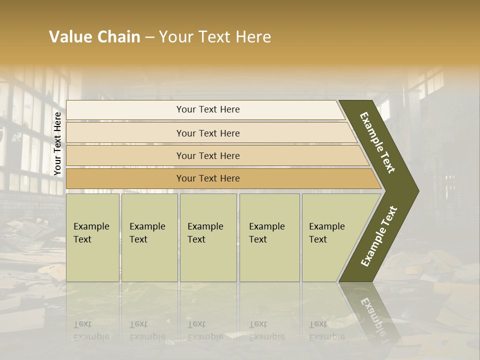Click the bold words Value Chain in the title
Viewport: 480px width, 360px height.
[x=94, y=37]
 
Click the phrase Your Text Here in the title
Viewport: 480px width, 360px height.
[x=215, y=37]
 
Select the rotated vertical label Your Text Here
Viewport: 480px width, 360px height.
[x=57, y=143]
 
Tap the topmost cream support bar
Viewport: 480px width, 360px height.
[x=125, y=110]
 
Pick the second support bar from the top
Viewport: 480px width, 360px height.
[x=125, y=133]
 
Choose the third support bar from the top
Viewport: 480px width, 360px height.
[x=125, y=155]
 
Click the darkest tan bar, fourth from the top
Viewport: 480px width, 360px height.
[x=125, y=178]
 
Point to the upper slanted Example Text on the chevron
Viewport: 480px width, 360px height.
[x=377, y=142]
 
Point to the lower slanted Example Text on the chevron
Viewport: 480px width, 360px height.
[x=379, y=236]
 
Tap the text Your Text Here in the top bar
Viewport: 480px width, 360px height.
[x=208, y=109]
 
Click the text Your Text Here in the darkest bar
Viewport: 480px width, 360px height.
[x=208, y=178]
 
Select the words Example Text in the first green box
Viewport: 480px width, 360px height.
[x=91, y=233]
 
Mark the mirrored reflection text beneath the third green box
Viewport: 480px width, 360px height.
[x=205, y=330]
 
